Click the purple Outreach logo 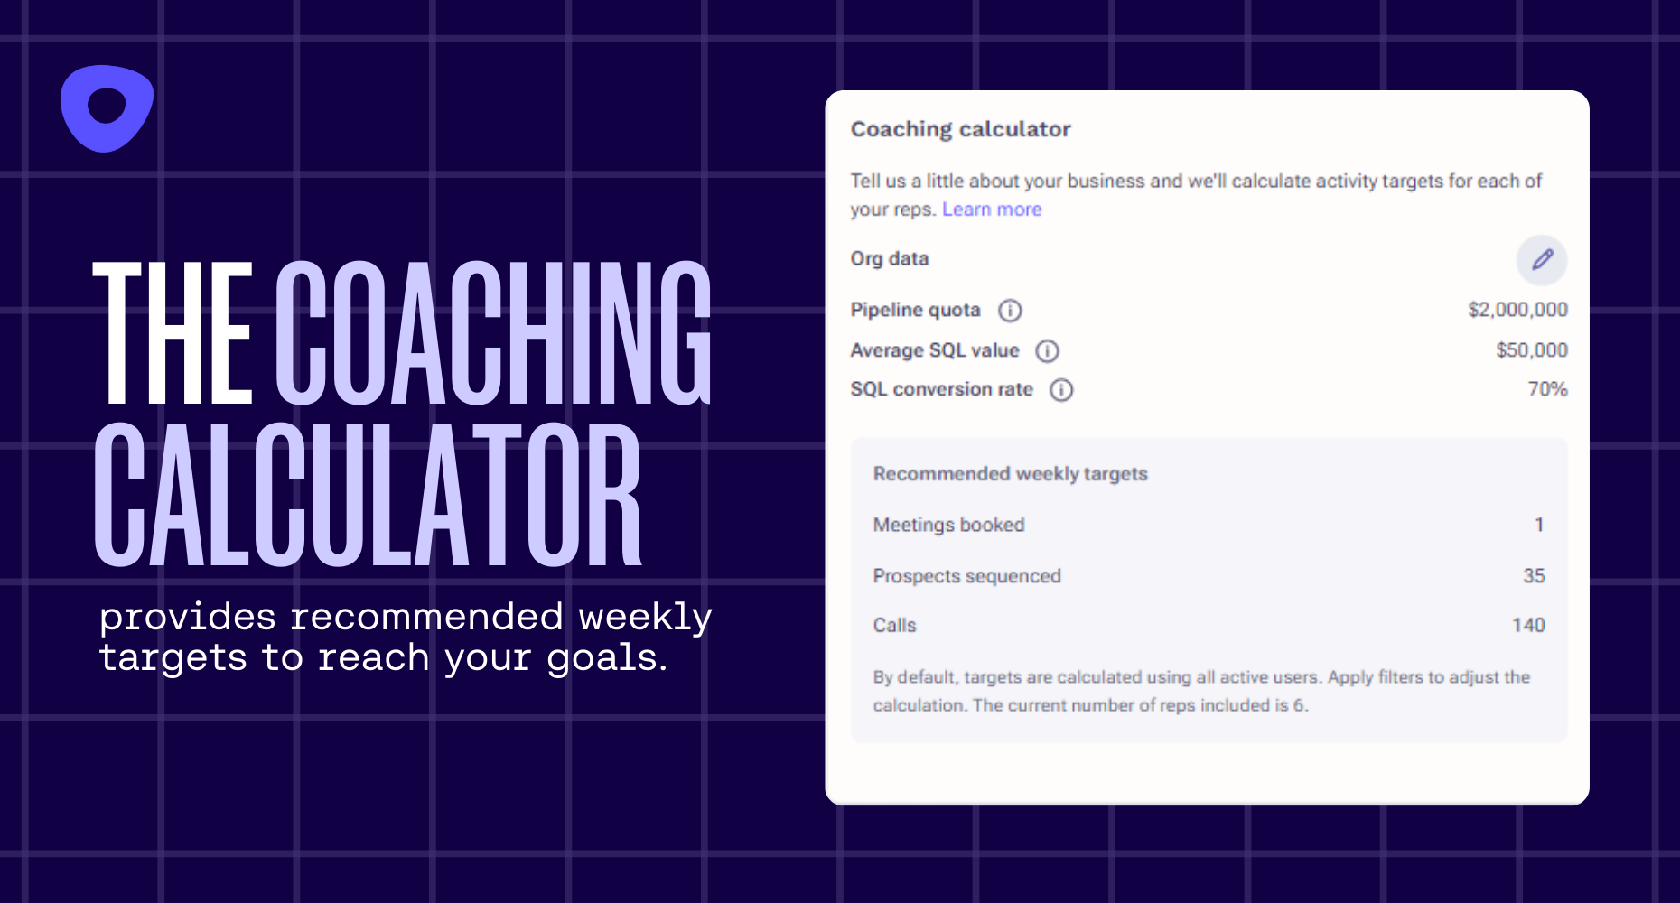107,108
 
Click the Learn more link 991,209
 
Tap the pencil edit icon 1542,260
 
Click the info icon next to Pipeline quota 1010,311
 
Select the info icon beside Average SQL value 1047,351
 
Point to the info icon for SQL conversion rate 1061,390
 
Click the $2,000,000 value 1517,310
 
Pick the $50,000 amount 1531,350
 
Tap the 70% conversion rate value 1547,389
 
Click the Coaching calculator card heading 960,129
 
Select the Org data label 889,259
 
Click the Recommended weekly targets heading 1010,474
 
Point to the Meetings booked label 948,525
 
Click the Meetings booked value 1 1539,525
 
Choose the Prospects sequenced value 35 1534,576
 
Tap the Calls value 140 1528,625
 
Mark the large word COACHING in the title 493,334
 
